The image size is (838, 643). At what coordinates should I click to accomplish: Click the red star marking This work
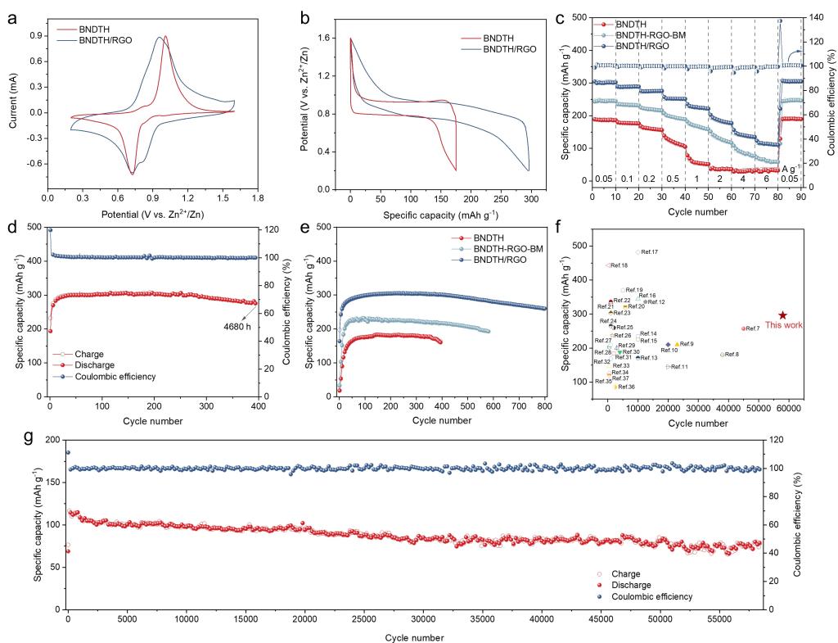coord(783,315)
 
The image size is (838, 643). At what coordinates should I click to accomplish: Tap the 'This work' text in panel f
coord(783,325)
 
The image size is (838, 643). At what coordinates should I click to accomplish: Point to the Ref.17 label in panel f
coord(650,252)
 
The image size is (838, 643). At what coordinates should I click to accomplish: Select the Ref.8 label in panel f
coord(731,354)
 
